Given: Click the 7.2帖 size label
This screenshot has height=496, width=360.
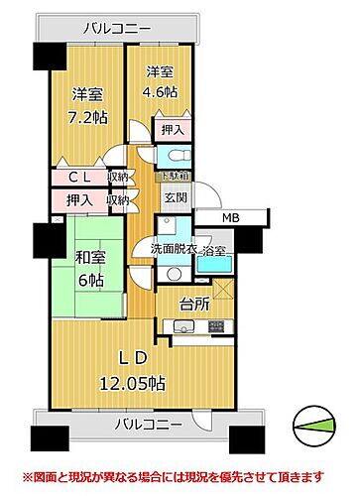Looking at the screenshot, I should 87,118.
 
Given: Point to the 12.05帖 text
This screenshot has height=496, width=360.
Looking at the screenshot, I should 130,382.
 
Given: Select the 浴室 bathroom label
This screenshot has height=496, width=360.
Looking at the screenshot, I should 213,252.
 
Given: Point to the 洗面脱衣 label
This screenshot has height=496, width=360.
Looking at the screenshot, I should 173,249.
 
